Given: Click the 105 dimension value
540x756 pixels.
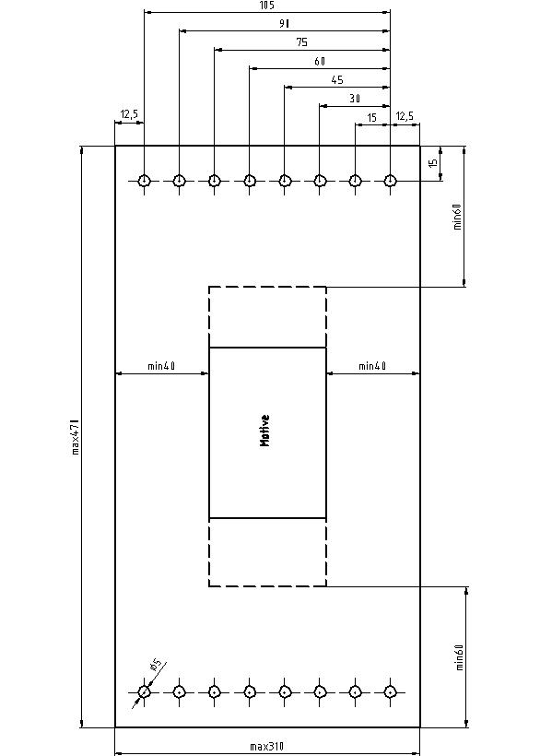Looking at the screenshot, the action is tap(266, 6).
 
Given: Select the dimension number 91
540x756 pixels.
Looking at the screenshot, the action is tap(284, 24).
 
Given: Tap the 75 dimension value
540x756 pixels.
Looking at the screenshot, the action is tap(302, 42).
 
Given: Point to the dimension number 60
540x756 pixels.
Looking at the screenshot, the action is tap(320, 61).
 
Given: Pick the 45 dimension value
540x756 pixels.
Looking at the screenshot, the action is tap(337, 80).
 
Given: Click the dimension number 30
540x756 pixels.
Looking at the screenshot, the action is tap(355, 99).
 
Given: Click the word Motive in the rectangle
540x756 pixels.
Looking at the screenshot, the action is tap(264, 431).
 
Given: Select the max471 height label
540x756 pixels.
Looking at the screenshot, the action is tap(76, 437).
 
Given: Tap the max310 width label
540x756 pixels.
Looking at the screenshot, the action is tap(267, 747).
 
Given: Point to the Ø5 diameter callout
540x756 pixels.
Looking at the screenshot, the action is tap(156, 665).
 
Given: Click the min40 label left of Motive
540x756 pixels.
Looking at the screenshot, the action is tap(161, 366).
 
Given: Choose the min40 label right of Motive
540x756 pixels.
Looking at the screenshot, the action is tap(372, 366).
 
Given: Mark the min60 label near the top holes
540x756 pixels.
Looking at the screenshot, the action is tap(458, 217).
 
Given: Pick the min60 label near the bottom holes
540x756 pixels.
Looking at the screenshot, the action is tap(459, 657).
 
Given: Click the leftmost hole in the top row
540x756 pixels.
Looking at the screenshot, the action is tap(144, 181).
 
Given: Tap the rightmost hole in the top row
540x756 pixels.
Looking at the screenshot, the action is tap(390, 181).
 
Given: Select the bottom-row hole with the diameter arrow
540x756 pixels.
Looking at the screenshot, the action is tap(144, 692).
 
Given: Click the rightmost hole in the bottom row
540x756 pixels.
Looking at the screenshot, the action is tap(390, 692).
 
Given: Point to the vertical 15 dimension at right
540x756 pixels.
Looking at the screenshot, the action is tap(433, 163).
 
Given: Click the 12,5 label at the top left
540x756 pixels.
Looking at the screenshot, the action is tap(129, 114).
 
